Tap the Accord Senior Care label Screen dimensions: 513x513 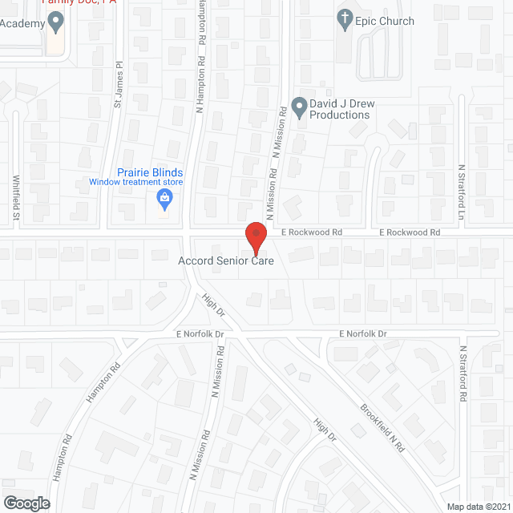(x=226, y=261)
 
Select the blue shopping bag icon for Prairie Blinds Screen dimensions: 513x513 (x=164, y=197)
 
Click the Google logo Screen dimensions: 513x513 (x=26, y=503)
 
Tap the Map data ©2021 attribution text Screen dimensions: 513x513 (x=479, y=506)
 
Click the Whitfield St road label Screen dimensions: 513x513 (x=15, y=197)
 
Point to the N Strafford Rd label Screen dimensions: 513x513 (x=463, y=373)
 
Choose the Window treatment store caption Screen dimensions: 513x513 (x=136, y=183)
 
